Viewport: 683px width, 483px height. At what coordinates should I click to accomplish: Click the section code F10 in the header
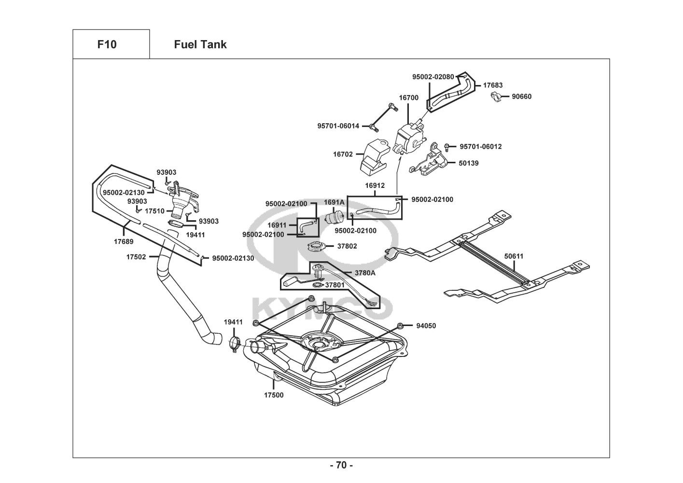[x=107, y=44]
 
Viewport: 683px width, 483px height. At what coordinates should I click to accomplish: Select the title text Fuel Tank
[x=200, y=44]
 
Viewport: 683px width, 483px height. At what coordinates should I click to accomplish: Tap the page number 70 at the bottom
[x=341, y=466]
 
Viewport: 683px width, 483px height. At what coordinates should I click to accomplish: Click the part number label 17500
[x=274, y=395]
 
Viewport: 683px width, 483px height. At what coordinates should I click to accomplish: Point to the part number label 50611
[x=514, y=256]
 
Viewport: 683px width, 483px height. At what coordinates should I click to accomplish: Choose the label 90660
[x=521, y=97]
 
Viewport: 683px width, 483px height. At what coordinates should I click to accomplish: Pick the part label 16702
[x=343, y=155]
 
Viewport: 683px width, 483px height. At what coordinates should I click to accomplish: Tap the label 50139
[x=468, y=163]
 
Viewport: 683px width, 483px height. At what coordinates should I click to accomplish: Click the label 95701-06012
[x=480, y=146]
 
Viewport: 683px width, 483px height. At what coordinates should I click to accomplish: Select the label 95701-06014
[x=338, y=126]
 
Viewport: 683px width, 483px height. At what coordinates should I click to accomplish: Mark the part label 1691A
[x=334, y=202]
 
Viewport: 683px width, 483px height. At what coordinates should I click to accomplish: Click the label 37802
[x=347, y=246]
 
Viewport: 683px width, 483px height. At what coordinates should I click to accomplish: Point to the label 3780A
[x=365, y=273]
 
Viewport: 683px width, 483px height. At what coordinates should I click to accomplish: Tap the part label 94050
[x=426, y=326]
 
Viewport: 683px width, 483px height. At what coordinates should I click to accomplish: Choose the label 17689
[x=124, y=241]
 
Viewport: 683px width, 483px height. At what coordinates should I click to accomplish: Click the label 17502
[x=136, y=257]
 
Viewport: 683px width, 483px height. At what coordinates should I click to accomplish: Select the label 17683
[x=493, y=85]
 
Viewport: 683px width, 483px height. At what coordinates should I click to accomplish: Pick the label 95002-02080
[x=432, y=77]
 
